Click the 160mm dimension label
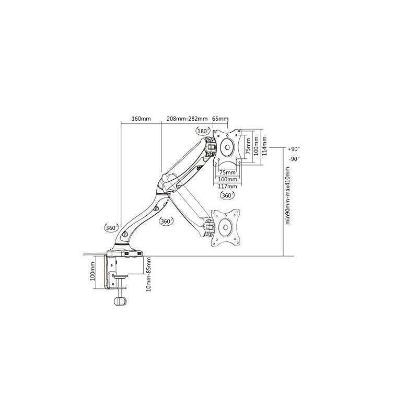pyautogui.click(x=141, y=119)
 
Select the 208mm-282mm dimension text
pyautogui.click(x=187, y=119)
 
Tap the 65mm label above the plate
pyautogui.click(x=220, y=119)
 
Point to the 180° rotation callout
pyautogui.click(x=203, y=131)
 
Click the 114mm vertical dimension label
pyautogui.click(x=264, y=146)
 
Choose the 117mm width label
pyautogui.click(x=227, y=186)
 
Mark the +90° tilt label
pyautogui.click(x=294, y=149)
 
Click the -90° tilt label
pyautogui.click(x=294, y=159)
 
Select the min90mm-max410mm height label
pyautogui.click(x=288, y=195)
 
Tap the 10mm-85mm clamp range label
pyautogui.click(x=149, y=274)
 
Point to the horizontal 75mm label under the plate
pyautogui.click(x=227, y=172)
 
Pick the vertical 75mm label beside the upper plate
pyautogui.click(x=248, y=146)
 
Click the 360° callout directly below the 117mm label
pyautogui.click(x=227, y=195)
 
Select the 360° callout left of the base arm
pyautogui.click(x=111, y=228)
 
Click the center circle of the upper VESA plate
pyautogui.click(x=227, y=147)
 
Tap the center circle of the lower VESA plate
pyautogui.click(x=226, y=227)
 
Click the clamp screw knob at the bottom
pyautogui.click(x=120, y=301)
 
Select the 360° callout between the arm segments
pyautogui.click(x=166, y=221)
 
